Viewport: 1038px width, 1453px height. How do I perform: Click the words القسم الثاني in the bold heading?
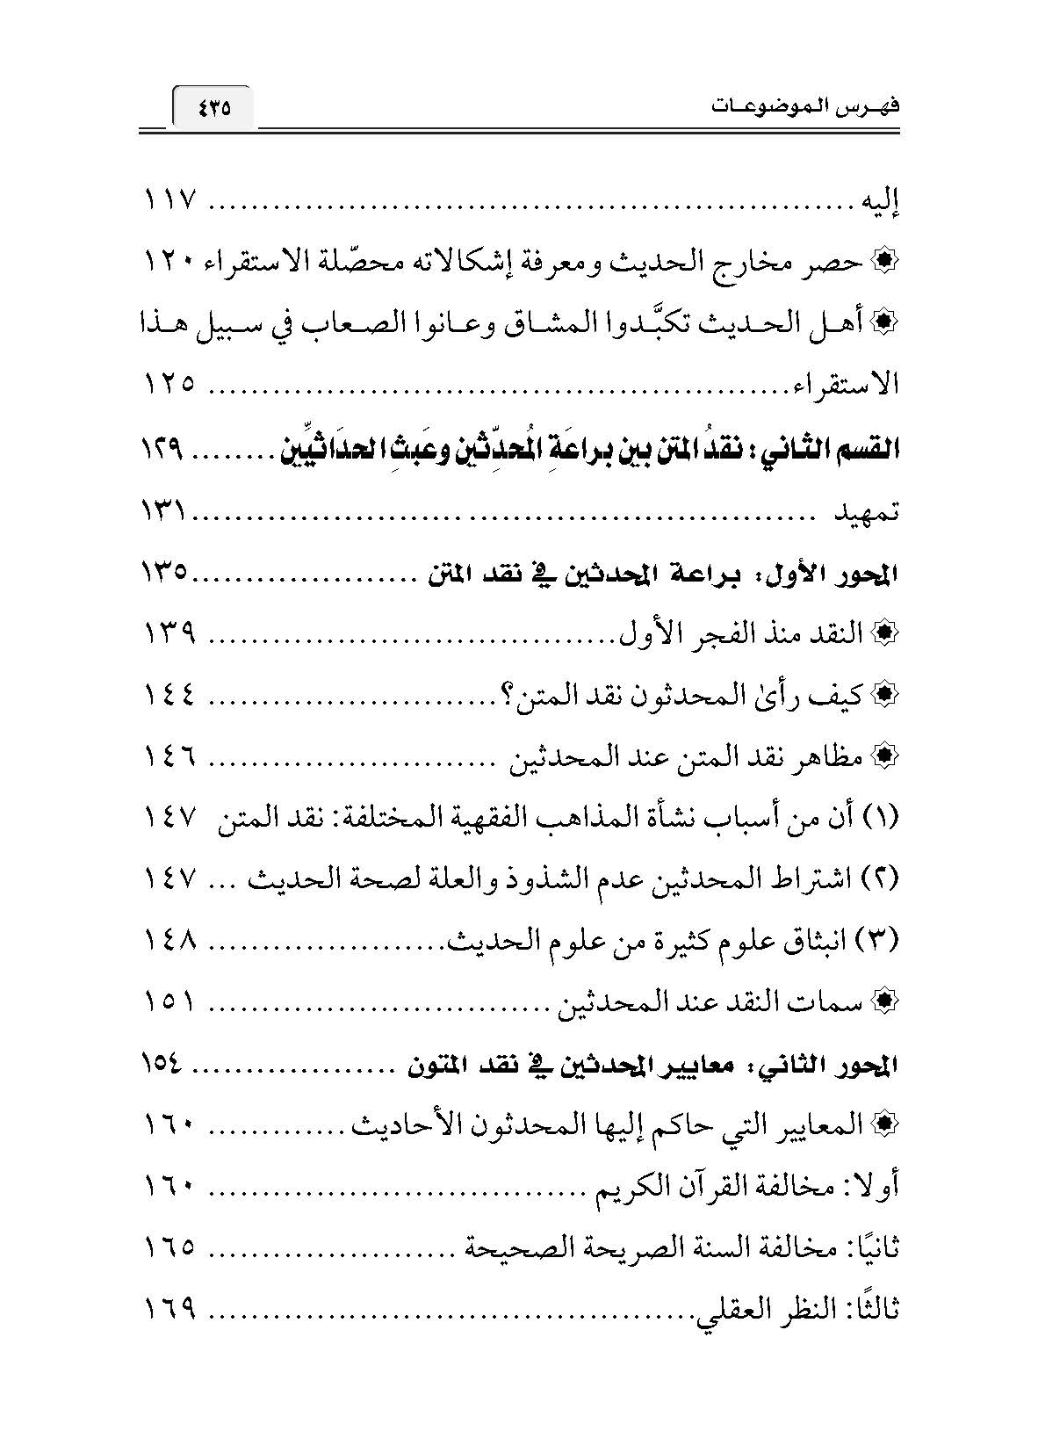(x=839, y=450)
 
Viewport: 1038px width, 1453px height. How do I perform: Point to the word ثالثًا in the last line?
(x=875, y=1310)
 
